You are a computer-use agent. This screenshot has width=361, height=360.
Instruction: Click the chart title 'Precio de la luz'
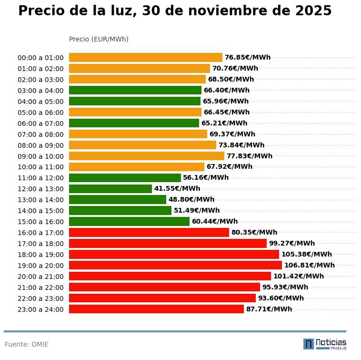(174, 11)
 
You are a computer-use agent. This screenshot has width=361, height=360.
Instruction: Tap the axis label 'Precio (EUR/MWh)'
(99, 39)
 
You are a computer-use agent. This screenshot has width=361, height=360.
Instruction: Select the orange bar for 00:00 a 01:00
(145, 58)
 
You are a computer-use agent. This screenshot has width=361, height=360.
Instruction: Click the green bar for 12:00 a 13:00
(110, 189)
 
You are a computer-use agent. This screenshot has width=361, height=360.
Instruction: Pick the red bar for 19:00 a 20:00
(175, 266)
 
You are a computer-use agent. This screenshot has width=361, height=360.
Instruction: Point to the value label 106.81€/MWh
(309, 266)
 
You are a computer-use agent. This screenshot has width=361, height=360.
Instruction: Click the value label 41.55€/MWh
(177, 189)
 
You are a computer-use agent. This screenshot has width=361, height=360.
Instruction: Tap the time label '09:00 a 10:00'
(40, 156)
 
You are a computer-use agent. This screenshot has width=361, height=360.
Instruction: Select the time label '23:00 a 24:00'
(40, 309)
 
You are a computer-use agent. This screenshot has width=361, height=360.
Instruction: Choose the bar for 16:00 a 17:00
(149, 233)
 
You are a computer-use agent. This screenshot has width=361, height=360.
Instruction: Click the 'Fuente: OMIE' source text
(27, 344)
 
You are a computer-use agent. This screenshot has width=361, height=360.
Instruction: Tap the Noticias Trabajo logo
(324, 344)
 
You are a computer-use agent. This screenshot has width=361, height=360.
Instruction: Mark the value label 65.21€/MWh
(224, 123)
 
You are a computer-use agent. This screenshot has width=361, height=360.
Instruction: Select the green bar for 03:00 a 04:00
(135, 91)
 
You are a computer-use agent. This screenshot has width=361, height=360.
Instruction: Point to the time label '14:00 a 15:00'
(40, 211)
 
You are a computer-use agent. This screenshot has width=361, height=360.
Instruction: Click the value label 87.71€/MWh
(269, 309)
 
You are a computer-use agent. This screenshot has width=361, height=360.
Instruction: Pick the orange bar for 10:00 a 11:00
(136, 167)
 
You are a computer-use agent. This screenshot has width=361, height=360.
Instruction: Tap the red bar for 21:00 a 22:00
(164, 288)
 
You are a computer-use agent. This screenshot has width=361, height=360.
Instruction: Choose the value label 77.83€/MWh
(249, 156)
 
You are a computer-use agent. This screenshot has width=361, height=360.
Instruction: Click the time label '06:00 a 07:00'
(40, 123)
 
